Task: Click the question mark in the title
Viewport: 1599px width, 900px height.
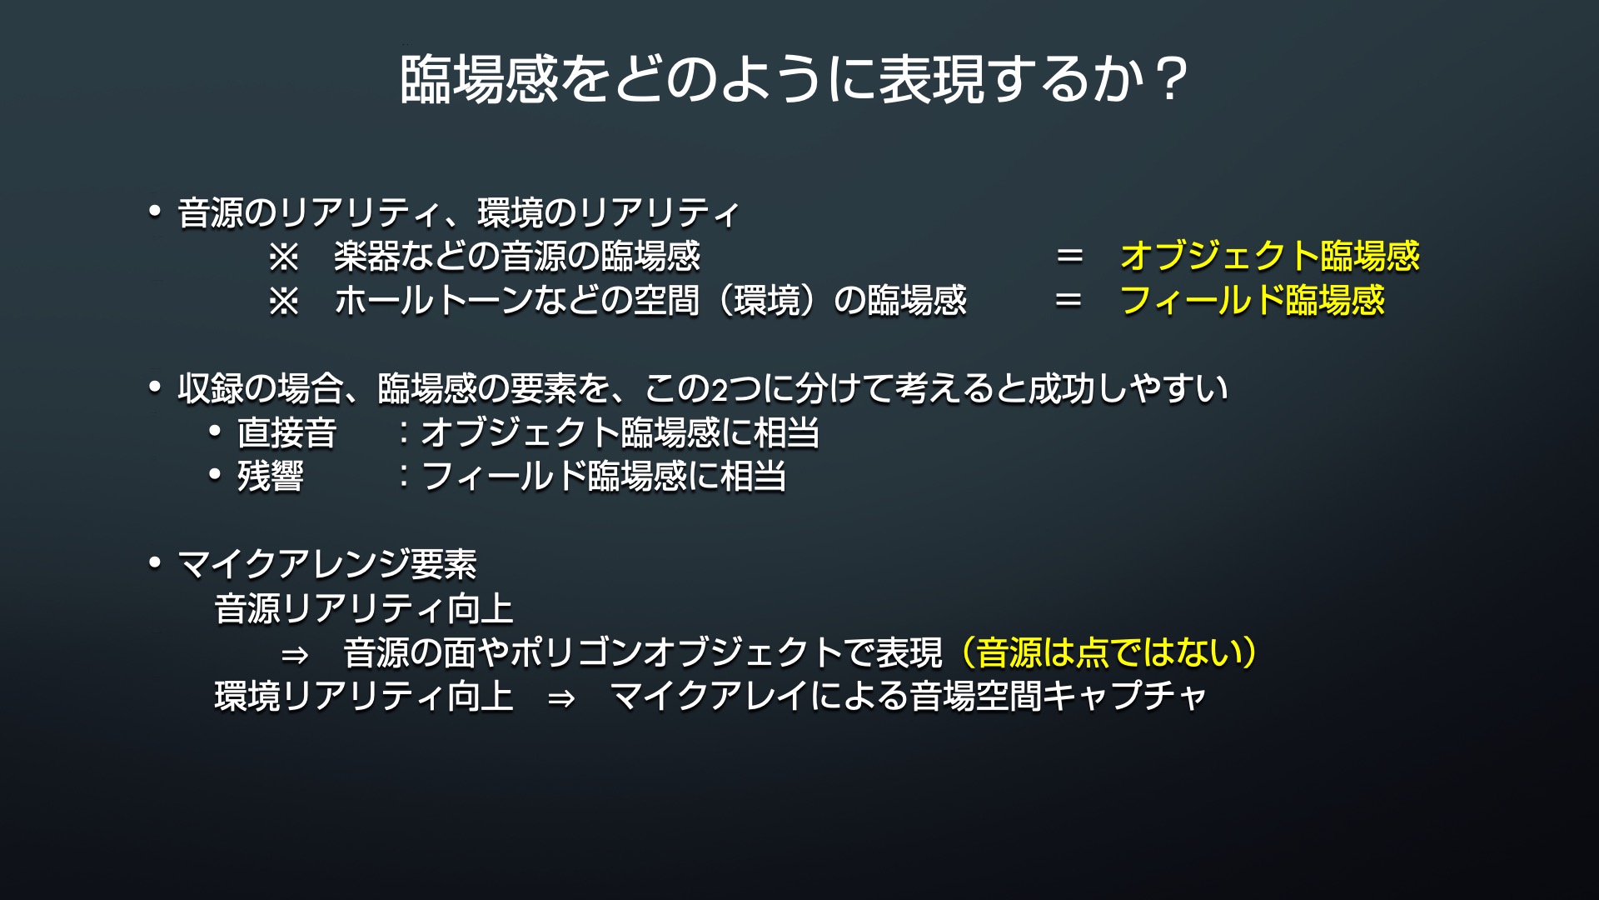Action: point(1170,80)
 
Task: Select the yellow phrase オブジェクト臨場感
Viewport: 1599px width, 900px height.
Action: point(1270,256)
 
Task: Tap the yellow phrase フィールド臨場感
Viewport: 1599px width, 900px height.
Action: point(1253,300)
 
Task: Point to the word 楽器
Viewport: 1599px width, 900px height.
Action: point(367,256)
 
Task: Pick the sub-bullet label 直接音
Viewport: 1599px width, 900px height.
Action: point(286,432)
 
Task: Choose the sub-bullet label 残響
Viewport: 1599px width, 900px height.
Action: point(271,477)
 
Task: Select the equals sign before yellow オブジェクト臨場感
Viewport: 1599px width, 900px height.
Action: point(1069,256)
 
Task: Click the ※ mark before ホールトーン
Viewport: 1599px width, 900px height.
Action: point(283,301)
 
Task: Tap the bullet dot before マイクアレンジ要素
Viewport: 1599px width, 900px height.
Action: point(155,563)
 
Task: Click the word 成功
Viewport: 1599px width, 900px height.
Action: point(1061,388)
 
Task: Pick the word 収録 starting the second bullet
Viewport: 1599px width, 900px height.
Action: point(211,388)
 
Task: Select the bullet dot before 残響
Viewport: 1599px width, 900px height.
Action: point(215,475)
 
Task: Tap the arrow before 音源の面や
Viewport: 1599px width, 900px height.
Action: point(295,655)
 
